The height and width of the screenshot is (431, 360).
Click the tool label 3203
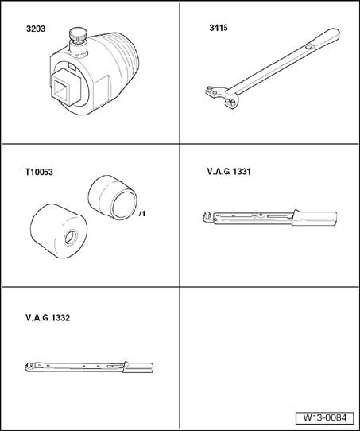tap(36, 29)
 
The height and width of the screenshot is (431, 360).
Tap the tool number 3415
tap(219, 28)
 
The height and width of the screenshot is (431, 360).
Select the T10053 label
tap(39, 172)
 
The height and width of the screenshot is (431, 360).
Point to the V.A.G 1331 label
tap(229, 172)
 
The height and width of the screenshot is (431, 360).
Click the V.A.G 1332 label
tap(48, 318)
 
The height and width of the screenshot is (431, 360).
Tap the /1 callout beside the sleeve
tap(142, 213)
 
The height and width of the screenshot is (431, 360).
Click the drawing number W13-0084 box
tap(324, 418)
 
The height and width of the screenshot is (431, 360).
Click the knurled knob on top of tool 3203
tap(78, 34)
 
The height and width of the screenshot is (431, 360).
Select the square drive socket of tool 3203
tap(64, 87)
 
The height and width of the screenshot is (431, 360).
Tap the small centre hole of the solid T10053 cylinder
tap(71, 238)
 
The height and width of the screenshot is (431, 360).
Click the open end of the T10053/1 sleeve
tap(125, 205)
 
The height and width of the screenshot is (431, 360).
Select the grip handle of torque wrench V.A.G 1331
tap(315, 219)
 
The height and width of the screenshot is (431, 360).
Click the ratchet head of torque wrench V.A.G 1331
tap(208, 217)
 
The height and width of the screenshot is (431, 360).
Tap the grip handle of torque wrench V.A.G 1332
tap(137, 367)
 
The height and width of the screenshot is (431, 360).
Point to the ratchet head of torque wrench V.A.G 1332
tap(30, 367)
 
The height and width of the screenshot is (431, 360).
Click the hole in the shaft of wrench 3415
tap(309, 46)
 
